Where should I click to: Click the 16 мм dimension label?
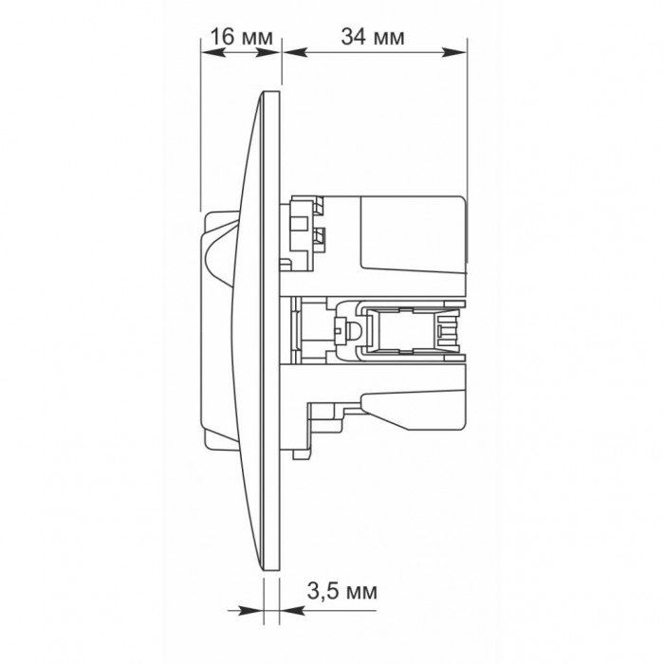pyautogui.click(x=241, y=37)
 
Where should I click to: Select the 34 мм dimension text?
pyautogui.click(x=373, y=37)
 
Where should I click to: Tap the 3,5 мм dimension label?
pyautogui.click(x=341, y=591)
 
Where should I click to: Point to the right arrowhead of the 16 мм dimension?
pyautogui.click(x=268, y=52)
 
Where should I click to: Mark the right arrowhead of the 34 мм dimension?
pyautogui.click(x=454, y=52)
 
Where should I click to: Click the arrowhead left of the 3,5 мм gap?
pyautogui.click(x=250, y=611)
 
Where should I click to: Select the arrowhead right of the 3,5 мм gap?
pyautogui.click(x=292, y=611)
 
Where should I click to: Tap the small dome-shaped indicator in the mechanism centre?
pyautogui.click(x=353, y=330)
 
